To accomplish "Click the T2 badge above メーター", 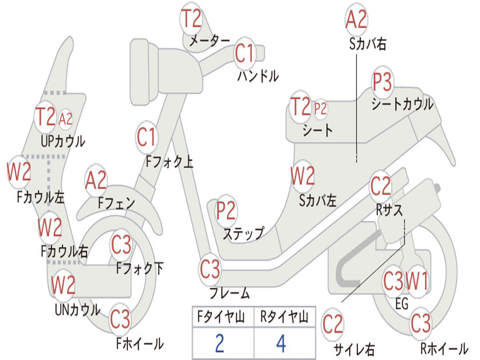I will click(x=191, y=19).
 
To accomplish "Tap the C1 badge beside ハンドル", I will click(x=244, y=53).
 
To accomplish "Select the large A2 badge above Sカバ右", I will click(x=356, y=20).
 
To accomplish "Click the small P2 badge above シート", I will click(x=321, y=109).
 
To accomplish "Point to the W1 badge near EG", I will click(x=417, y=282).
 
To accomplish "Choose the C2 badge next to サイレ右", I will click(x=333, y=325).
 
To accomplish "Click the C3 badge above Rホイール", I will click(x=420, y=323).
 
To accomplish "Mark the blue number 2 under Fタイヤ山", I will click(x=219, y=344).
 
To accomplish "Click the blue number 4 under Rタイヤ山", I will click(x=281, y=344).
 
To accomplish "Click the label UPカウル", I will click(x=63, y=141).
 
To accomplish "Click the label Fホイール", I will click(x=140, y=344).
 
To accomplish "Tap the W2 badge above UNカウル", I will click(x=63, y=285).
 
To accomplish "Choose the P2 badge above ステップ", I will click(x=226, y=211).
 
